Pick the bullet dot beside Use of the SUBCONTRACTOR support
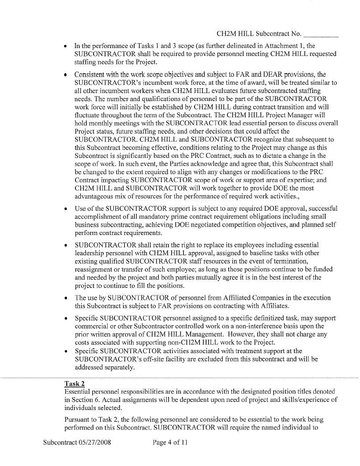tap(66, 209)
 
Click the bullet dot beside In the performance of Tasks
tap(66, 46)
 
